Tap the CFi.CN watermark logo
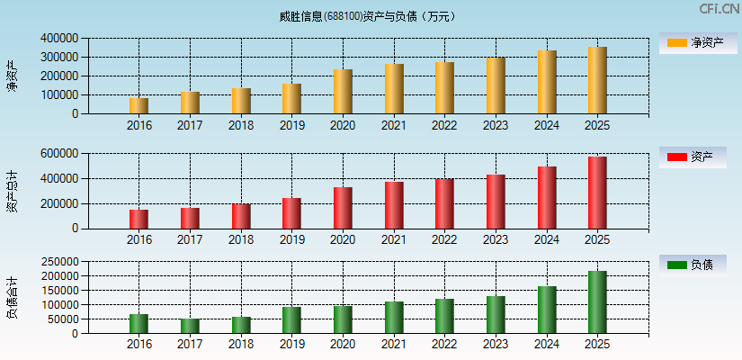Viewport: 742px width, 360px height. click(720, 9)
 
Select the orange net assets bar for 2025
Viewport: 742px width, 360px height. click(597, 81)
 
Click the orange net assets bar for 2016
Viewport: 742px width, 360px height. click(139, 106)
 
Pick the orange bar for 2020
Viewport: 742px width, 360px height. click(343, 92)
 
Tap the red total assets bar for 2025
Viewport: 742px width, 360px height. click(597, 193)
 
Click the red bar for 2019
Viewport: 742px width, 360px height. click(291, 213)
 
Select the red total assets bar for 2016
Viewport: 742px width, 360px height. click(139, 219)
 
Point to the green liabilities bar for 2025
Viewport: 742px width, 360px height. click(597, 302)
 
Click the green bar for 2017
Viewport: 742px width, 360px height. click(190, 326)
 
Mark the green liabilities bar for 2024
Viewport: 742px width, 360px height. click(547, 310)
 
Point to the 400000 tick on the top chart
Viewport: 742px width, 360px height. click(58, 39)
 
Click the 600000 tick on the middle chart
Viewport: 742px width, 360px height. click(58, 154)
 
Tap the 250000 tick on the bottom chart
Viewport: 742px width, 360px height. click(58, 261)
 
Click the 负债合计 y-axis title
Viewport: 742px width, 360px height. click(12, 298)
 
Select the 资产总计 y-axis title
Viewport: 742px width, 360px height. click(12, 191)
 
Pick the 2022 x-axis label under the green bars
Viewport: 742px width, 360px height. click(444, 344)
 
